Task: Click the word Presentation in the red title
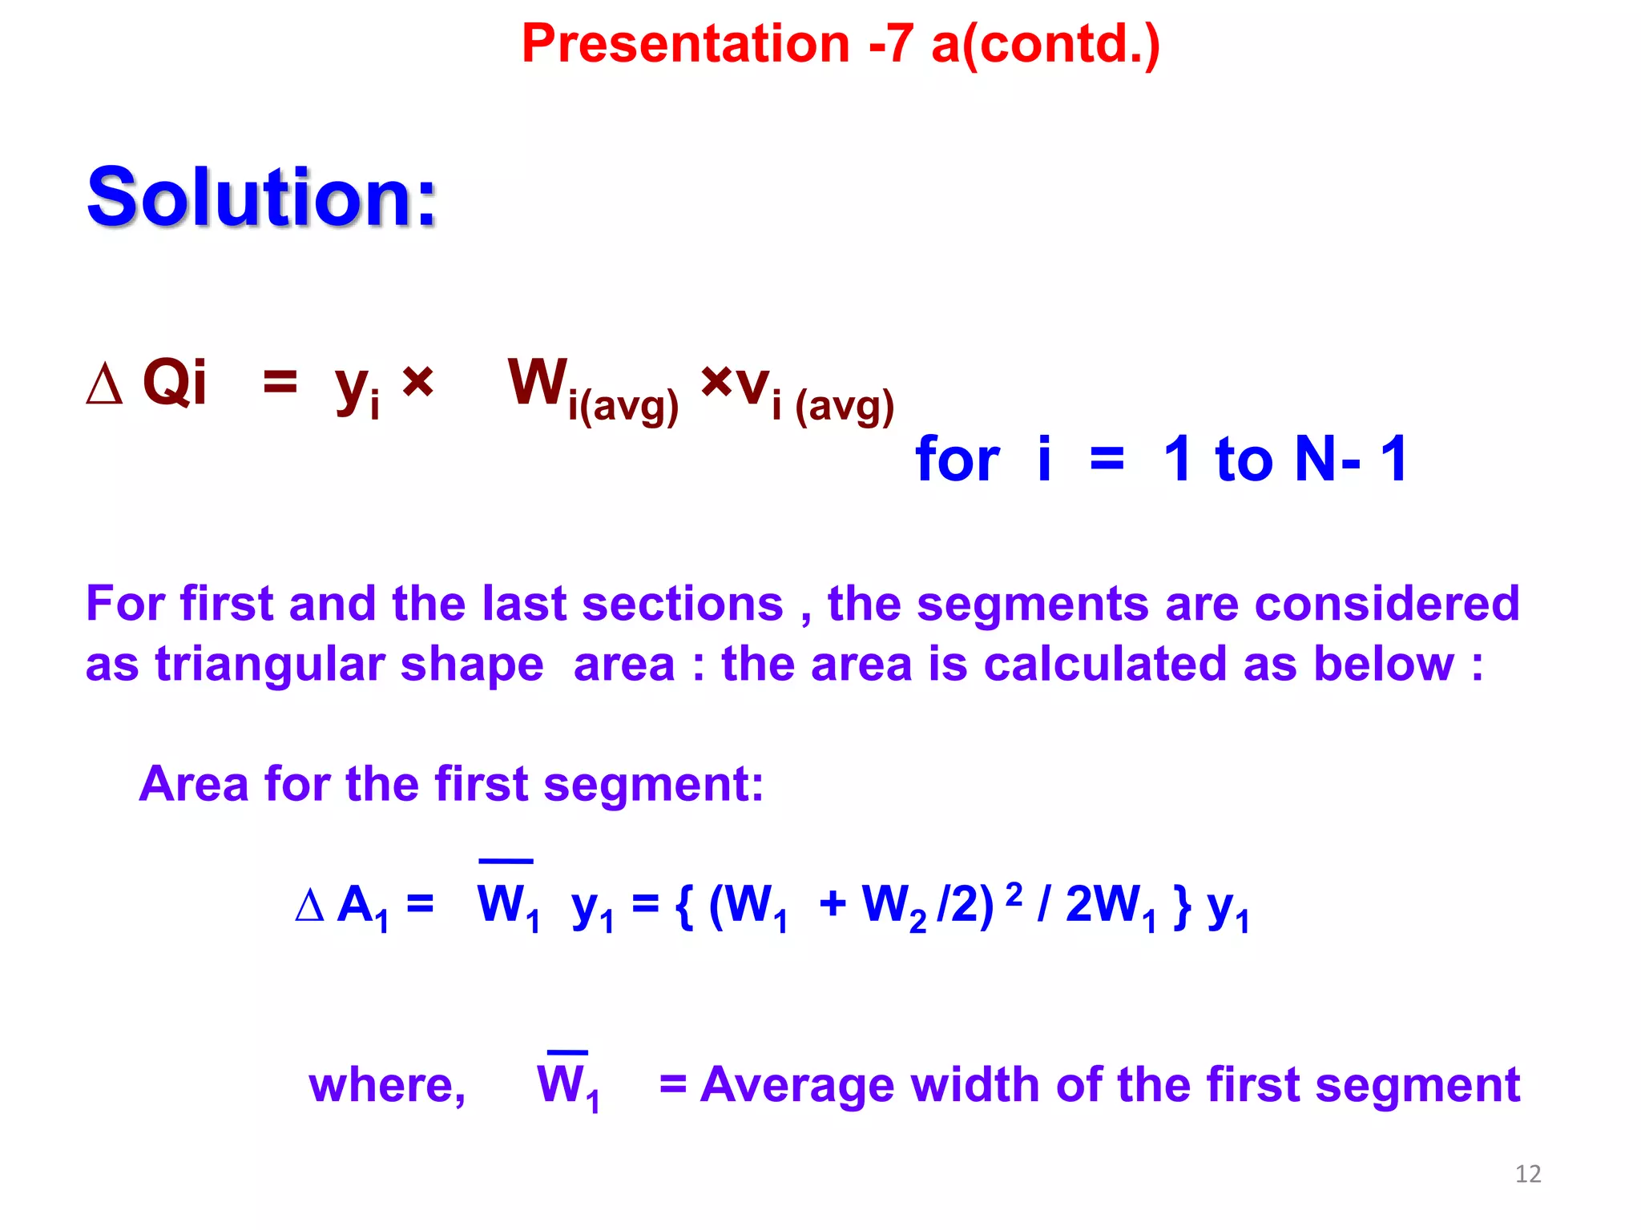(685, 43)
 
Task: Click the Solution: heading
(261, 197)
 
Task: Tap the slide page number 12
(1527, 1174)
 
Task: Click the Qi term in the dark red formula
(174, 383)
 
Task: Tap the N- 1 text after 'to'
(1351, 459)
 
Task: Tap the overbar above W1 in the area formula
(506, 862)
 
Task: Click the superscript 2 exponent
(1014, 893)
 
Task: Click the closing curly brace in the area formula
(1181, 906)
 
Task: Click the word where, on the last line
(387, 1086)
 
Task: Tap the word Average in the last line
(796, 1086)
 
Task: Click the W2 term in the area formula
(893, 906)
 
